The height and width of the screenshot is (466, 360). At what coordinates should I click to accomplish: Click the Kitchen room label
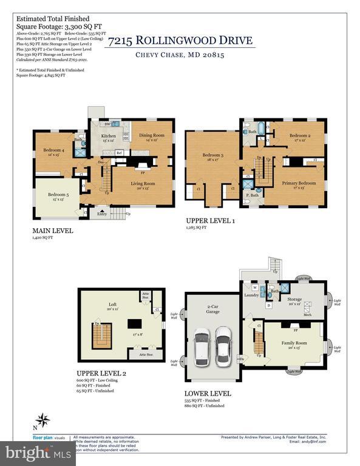coord(108,137)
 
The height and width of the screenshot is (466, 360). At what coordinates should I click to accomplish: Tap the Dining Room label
coord(152,135)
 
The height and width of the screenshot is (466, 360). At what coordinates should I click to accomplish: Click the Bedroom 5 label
coord(58,195)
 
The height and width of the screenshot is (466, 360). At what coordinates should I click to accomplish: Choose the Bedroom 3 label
coord(212,155)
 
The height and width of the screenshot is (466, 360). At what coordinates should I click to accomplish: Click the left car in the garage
coord(202,344)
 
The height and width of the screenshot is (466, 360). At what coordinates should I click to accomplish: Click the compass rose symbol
coord(42,419)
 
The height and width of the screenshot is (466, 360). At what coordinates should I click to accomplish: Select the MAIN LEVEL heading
coord(53,231)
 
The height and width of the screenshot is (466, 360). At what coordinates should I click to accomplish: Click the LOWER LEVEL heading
coord(208,393)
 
